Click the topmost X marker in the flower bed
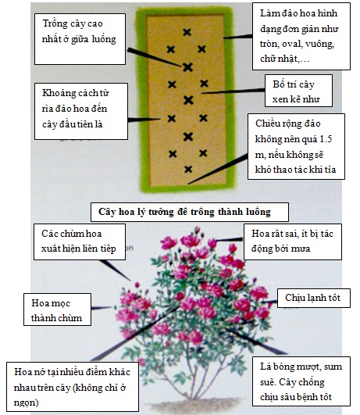[187, 32]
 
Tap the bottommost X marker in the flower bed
[188, 169]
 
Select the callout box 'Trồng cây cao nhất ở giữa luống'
[80, 39]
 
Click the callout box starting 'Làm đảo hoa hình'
[301, 36]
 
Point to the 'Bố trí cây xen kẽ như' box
[298, 91]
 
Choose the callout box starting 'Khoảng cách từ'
[81, 112]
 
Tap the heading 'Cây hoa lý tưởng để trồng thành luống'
[190, 212]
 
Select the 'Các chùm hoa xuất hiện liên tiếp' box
[80, 241]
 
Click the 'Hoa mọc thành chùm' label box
[58, 309]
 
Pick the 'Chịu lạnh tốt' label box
[314, 298]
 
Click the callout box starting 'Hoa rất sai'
[293, 241]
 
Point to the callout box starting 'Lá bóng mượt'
[301, 381]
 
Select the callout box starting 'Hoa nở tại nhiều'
[73, 387]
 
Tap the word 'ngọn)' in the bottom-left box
[27, 402]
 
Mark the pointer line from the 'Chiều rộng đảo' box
[218, 170]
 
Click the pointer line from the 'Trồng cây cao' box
[154, 57]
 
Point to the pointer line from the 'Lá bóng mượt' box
[256, 342]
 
